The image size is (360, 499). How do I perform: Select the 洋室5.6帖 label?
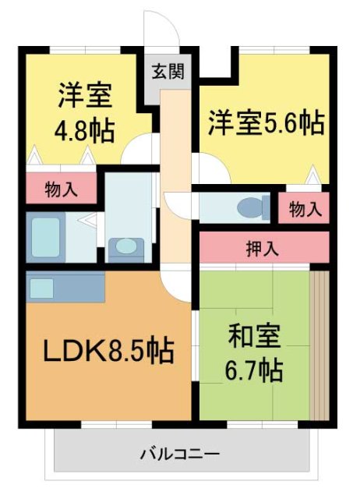[x=265, y=122]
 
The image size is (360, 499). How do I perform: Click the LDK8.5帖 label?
[x=108, y=350]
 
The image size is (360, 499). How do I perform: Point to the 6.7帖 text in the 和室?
[x=255, y=370]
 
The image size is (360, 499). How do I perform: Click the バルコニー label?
[x=180, y=452]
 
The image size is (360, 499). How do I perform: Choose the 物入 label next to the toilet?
[x=305, y=208]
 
